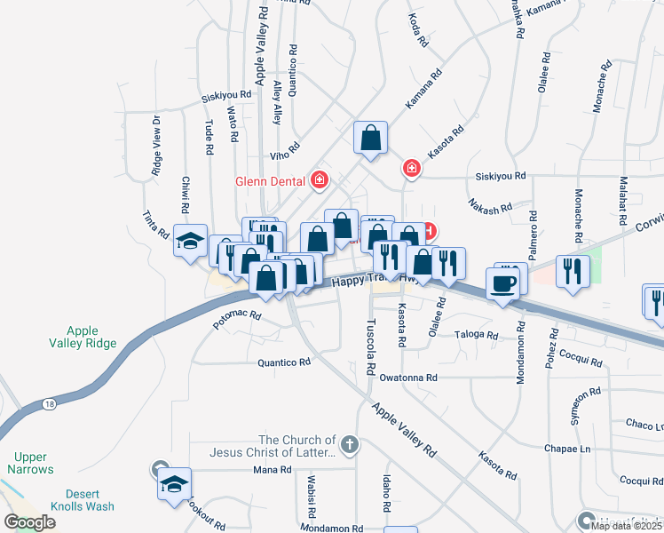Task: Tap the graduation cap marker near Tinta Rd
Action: click(x=190, y=242)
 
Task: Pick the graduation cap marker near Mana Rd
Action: click(x=175, y=484)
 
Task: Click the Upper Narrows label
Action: click(x=30, y=463)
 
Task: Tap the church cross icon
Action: click(x=350, y=444)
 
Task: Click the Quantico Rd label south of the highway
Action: click(x=284, y=362)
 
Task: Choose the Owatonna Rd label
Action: click(x=408, y=378)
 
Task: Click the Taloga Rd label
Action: click(x=478, y=335)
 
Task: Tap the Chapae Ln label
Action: click(x=573, y=449)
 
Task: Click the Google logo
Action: click(x=28, y=522)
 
